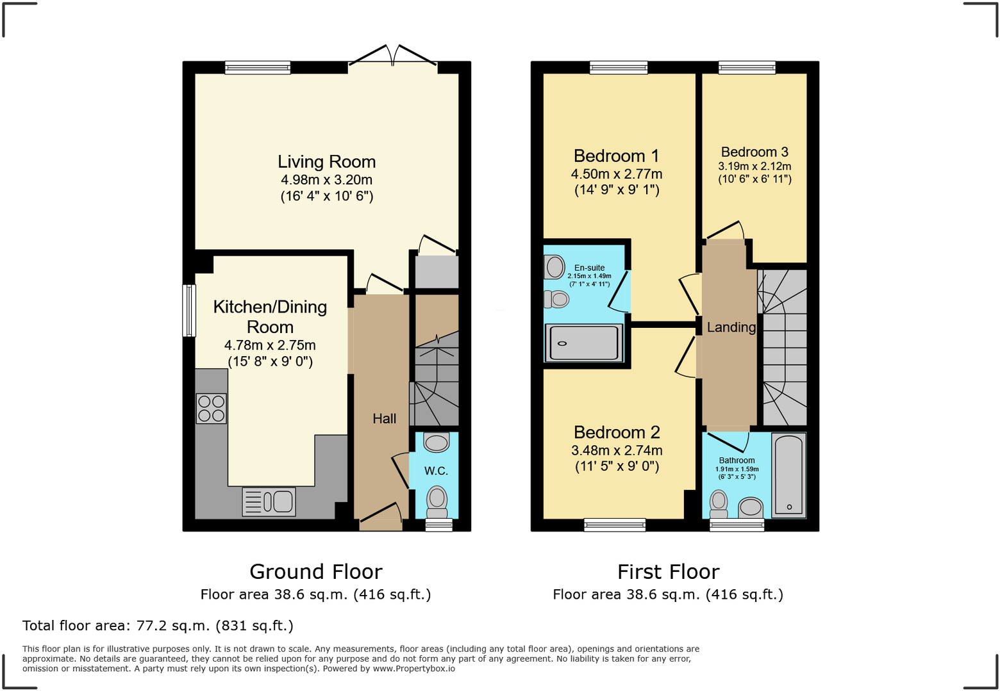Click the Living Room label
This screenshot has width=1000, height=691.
tap(326, 162)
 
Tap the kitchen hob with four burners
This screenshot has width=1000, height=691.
tap(212, 409)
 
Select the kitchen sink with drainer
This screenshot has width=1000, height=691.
tap(269, 501)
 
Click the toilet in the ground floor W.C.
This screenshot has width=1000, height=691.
tap(437, 500)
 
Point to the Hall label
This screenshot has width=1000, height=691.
tap(385, 419)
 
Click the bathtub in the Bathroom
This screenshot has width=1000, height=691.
tap(788, 475)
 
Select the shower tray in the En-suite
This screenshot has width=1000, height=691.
tap(583, 343)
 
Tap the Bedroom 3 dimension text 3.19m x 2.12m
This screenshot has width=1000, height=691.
tap(754, 167)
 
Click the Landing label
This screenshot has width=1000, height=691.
tap(731, 327)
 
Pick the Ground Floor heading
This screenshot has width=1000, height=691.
tap(315, 571)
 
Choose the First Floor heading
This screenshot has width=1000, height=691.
tap(668, 571)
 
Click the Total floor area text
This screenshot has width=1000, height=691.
tap(158, 626)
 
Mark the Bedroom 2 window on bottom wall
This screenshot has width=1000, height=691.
tap(615, 525)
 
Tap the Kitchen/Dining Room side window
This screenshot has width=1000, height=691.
tap(189, 311)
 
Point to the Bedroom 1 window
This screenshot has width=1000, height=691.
tap(619, 67)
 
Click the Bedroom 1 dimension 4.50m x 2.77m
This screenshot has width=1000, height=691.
tap(617, 174)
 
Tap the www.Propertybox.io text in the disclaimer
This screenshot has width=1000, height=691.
tap(413, 669)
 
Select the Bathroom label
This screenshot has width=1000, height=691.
tap(737, 460)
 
